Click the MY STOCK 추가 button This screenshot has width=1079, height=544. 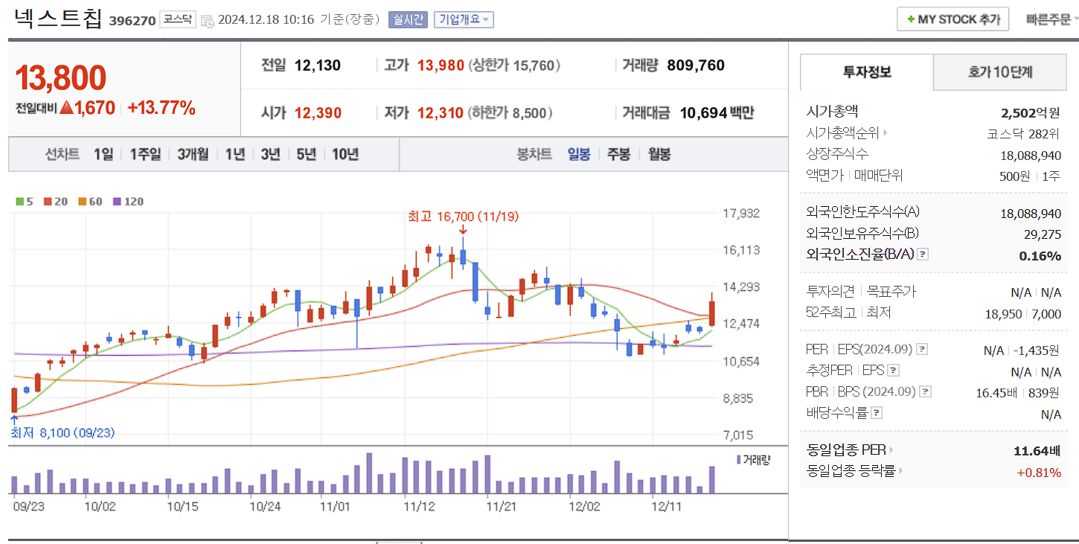(953, 19)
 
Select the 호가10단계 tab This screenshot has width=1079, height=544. (1000, 72)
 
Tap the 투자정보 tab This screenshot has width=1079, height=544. (867, 72)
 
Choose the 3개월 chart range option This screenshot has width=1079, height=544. (193, 154)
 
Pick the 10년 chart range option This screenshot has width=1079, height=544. (345, 154)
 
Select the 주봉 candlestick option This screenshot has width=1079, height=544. (618, 154)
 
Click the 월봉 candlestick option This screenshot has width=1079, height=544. (659, 154)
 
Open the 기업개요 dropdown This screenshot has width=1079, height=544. (464, 19)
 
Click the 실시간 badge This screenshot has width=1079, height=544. (408, 19)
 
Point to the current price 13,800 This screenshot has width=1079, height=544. (61, 77)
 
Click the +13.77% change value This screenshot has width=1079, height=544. (161, 108)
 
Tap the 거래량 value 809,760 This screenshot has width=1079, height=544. (696, 65)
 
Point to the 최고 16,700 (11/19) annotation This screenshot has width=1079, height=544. (463, 217)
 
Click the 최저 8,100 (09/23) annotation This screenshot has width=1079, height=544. (63, 432)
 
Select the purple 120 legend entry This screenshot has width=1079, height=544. (128, 201)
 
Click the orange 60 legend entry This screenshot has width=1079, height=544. (90, 201)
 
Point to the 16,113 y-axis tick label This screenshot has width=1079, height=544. (741, 250)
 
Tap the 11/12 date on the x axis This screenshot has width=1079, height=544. (418, 507)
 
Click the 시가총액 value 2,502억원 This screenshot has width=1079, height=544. (1031, 113)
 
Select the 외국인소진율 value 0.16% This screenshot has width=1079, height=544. (1040, 255)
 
